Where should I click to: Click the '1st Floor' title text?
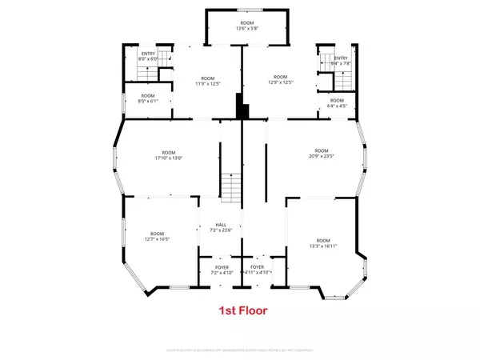click(x=243, y=310)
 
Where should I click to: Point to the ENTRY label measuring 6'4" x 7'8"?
click(x=341, y=60)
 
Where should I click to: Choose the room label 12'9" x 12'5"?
click(x=275, y=80)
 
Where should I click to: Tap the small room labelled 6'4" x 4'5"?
click(x=337, y=102)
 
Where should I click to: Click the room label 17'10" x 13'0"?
click(x=169, y=155)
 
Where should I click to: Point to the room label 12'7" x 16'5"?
click(x=157, y=234)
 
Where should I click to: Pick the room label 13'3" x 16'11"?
click(x=323, y=243)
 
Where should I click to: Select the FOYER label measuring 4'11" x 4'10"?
click(x=258, y=270)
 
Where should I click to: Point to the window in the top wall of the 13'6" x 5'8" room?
click(x=246, y=9)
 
